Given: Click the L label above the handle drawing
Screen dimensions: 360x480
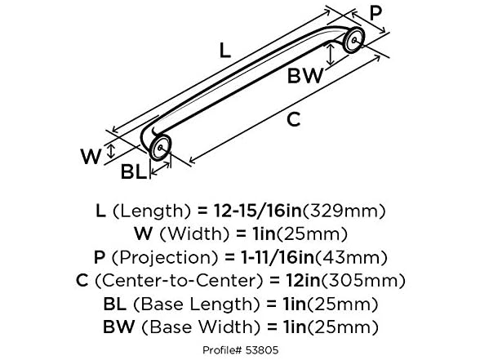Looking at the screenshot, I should (226, 51).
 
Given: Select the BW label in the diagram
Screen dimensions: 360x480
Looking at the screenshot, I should (306, 76).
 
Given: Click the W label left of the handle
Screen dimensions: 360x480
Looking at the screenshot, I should (91, 156).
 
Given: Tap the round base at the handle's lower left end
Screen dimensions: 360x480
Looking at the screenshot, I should (161, 148).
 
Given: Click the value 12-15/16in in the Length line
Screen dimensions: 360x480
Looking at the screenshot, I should (260, 211).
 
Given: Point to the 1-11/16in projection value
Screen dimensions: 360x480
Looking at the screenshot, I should (277, 258).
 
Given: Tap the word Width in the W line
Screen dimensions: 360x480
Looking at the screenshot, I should (189, 234).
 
